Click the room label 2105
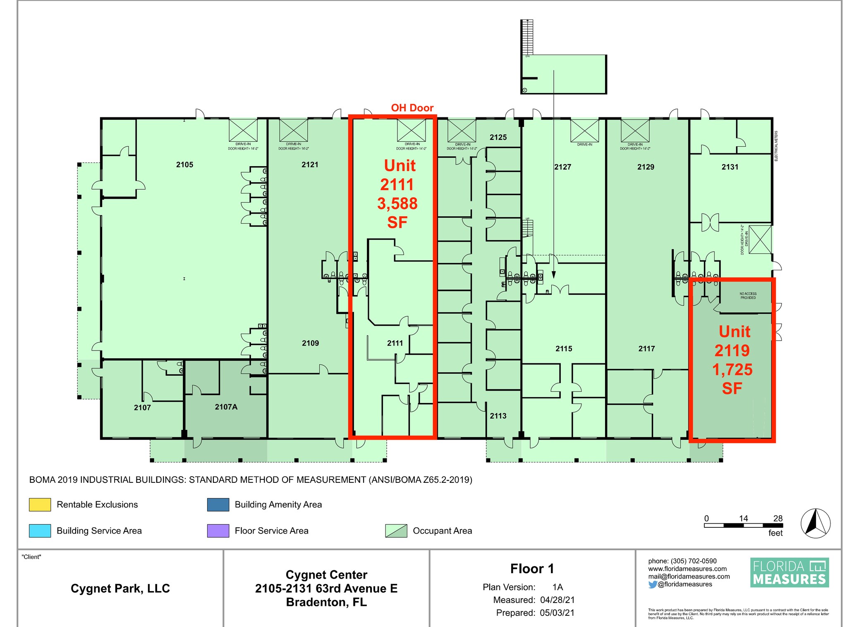184,165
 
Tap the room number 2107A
226,407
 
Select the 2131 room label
730,167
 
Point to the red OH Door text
412,108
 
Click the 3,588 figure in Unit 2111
397,204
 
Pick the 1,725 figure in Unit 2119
732,370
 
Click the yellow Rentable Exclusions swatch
40,505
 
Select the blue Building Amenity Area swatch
218,505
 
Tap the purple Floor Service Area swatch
218,531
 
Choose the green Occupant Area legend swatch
396,531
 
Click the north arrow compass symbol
815,523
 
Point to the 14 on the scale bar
743,518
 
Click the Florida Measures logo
790,572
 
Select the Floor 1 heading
532,569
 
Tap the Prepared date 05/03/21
557,613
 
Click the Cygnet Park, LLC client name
120,589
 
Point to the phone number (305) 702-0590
694,561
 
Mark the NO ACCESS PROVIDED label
748,296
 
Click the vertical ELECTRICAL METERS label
776,146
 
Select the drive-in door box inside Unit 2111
411,131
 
